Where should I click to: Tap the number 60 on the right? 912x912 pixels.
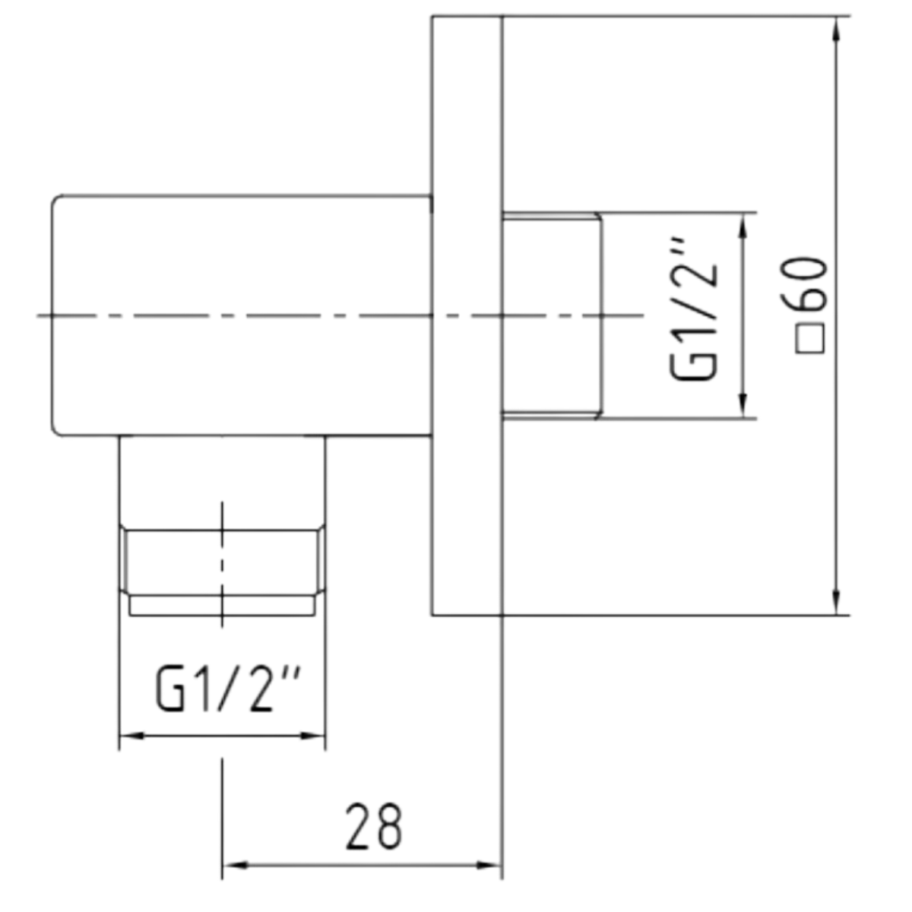click(805, 283)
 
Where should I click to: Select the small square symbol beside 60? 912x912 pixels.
click(810, 339)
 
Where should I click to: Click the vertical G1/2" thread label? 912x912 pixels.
click(695, 309)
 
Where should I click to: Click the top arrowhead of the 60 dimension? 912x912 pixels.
click(837, 30)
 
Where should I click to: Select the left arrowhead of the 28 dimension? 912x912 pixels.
click(235, 866)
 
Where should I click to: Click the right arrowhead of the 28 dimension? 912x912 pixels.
click(489, 866)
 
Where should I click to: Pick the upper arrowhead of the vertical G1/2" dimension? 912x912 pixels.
click(743, 226)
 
